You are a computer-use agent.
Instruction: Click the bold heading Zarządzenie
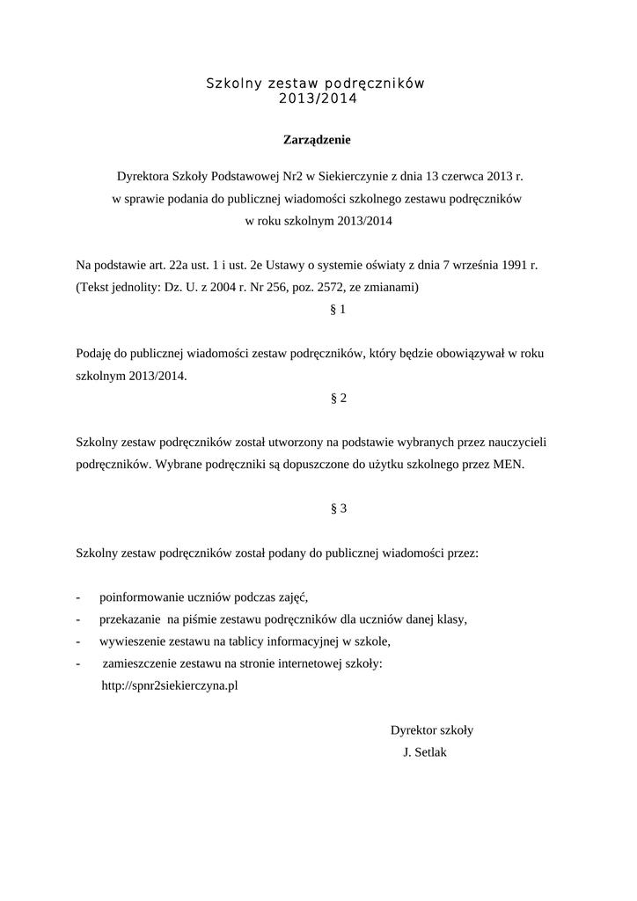coord(317,139)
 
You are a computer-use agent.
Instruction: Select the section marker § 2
coord(339,398)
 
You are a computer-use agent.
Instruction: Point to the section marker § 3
coord(339,509)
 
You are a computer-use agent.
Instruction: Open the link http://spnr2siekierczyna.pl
coord(171,685)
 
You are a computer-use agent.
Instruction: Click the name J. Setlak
coord(424,753)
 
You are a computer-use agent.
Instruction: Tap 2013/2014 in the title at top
coord(317,99)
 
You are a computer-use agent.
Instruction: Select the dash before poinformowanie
coord(79,596)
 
